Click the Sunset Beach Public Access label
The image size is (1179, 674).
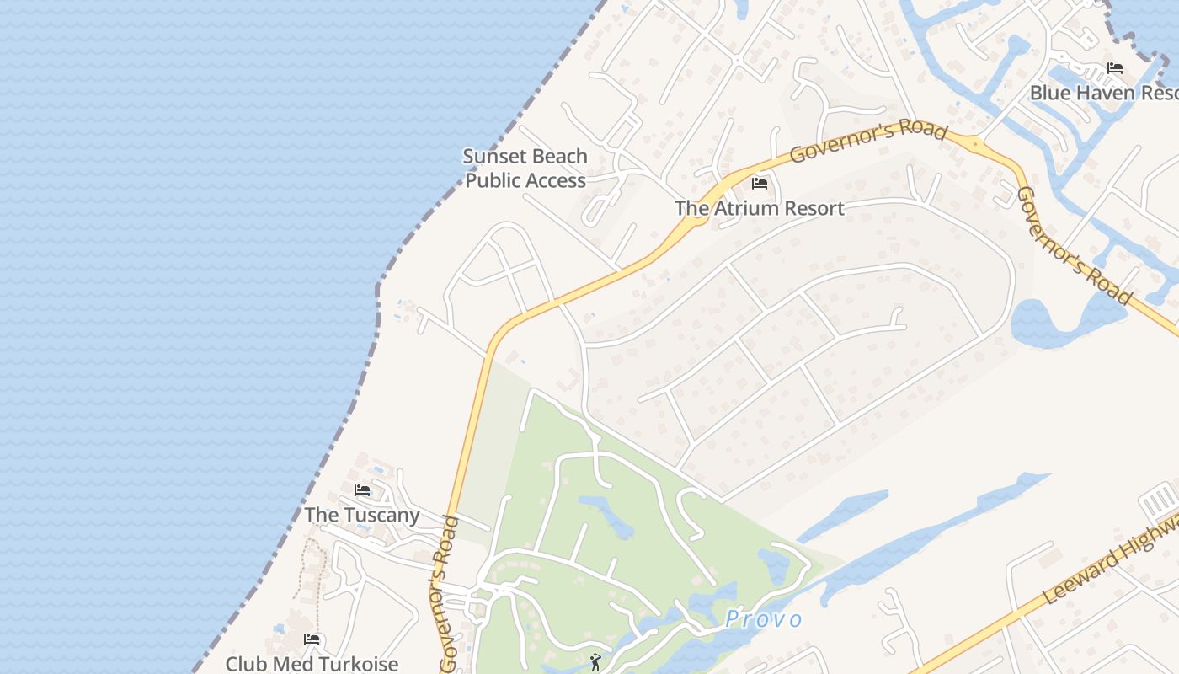click(525, 168)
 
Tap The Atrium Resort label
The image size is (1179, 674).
click(759, 208)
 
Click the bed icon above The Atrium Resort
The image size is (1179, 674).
click(760, 184)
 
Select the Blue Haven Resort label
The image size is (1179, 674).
click(1104, 93)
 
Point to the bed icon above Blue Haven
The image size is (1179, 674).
click(1115, 68)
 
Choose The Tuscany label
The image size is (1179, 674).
click(361, 515)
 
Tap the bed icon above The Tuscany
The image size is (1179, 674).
click(362, 490)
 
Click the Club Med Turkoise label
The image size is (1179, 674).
click(312, 664)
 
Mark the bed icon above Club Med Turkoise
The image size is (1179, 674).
click(312, 639)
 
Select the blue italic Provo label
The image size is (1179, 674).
click(764, 620)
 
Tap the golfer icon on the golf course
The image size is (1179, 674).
click(596, 662)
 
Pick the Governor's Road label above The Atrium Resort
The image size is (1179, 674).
click(868, 142)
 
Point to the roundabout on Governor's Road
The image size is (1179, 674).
click(975, 144)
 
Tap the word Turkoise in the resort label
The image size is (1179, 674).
click(355, 664)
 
